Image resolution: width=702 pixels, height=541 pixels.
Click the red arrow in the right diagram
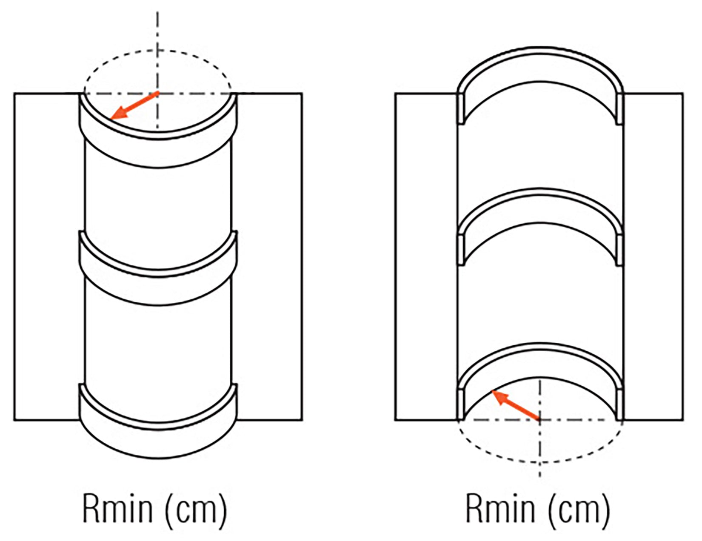tap(516, 405)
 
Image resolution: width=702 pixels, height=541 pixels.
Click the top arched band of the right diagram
tap(540, 64)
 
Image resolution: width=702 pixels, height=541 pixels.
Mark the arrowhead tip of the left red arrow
tap(111, 118)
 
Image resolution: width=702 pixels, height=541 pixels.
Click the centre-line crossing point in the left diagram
tap(158, 93)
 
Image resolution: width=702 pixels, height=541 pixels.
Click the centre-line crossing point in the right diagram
tap(540, 420)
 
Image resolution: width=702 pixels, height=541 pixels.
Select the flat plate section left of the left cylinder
tap(47, 255)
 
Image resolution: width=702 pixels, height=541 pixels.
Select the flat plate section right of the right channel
tap(653, 255)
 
